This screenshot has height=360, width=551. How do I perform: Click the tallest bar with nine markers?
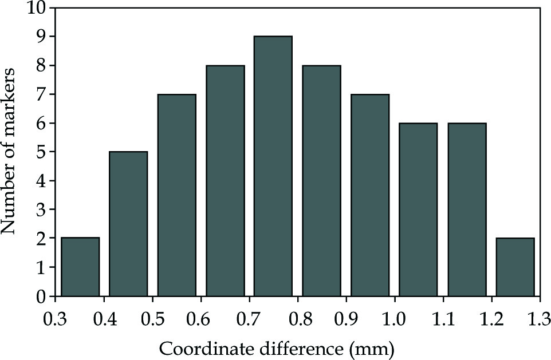click(x=273, y=166)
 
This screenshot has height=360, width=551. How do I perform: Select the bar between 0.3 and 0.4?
click(x=80, y=267)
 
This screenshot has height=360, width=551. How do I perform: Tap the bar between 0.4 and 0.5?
click(x=128, y=224)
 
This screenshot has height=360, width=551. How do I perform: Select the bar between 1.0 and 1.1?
click(x=418, y=209)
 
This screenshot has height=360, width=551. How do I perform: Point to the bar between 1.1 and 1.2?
click(x=467, y=209)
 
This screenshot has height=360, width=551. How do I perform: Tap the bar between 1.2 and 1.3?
click(x=515, y=267)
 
